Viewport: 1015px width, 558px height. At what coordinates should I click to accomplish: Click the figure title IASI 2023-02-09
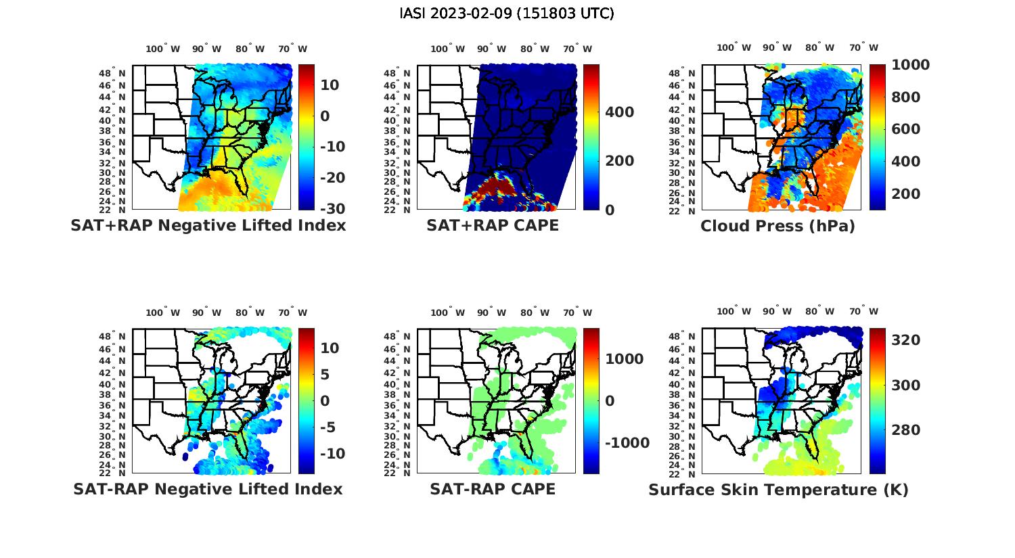pyautogui.click(x=507, y=14)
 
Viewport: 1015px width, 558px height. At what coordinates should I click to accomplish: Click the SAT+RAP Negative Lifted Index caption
pyautogui.click(x=208, y=225)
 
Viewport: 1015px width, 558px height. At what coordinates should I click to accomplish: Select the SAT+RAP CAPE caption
pyautogui.click(x=493, y=225)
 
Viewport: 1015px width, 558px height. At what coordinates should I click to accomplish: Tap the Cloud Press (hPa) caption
pyautogui.click(x=777, y=226)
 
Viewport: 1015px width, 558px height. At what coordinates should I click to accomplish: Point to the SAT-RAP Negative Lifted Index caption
pyautogui.click(x=208, y=489)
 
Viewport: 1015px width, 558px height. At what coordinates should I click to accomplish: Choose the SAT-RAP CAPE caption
pyautogui.click(x=493, y=489)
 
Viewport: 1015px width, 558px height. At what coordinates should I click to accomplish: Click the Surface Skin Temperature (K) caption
pyautogui.click(x=778, y=490)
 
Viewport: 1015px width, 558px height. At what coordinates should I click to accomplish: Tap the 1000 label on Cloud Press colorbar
pyautogui.click(x=910, y=65)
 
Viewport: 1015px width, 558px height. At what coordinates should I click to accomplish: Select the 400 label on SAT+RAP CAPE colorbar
pyautogui.click(x=620, y=112)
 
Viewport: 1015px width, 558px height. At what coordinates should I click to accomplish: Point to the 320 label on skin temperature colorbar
pyautogui.click(x=906, y=340)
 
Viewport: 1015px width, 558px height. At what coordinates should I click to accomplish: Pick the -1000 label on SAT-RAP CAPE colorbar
pyautogui.click(x=627, y=443)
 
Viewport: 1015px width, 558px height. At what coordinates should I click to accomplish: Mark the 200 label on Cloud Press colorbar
pyautogui.click(x=906, y=194)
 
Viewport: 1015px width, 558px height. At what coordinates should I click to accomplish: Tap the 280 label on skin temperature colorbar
pyautogui.click(x=906, y=430)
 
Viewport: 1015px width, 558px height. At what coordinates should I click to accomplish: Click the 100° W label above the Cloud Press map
pyautogui.click(x=734, y=48)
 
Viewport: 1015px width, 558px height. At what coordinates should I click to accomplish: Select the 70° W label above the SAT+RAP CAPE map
pyautogui.click(x=578, y=49)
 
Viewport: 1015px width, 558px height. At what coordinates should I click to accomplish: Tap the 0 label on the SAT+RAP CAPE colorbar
pyautogui.click(x=610, y=210)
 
